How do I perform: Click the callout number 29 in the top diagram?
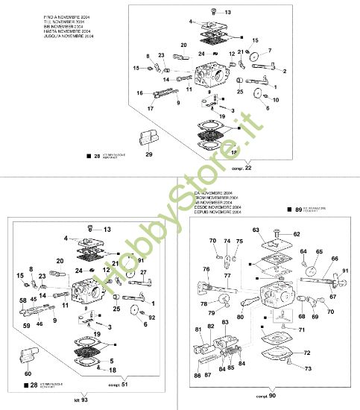tap(148, 154)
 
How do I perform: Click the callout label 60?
tap(28, 373)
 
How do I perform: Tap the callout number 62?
tap(297, 234)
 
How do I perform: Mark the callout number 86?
tap(197, 377)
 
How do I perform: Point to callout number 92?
tap(153, 318)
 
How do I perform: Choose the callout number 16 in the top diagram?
tap(139, 92)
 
